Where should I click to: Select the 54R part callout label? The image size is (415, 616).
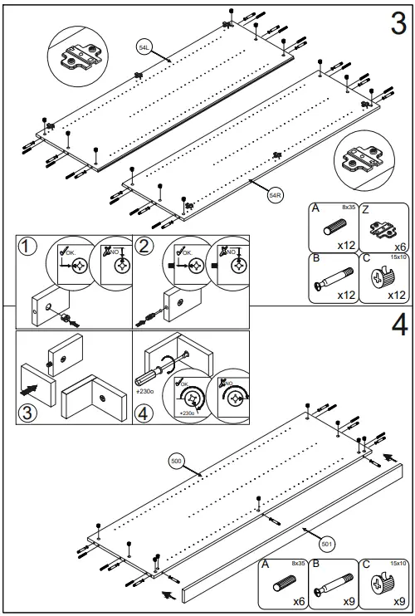click(276, 196)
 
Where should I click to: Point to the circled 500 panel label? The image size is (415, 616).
click(176, 460)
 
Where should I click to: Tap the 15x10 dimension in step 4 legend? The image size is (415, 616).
click(398, 564)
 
